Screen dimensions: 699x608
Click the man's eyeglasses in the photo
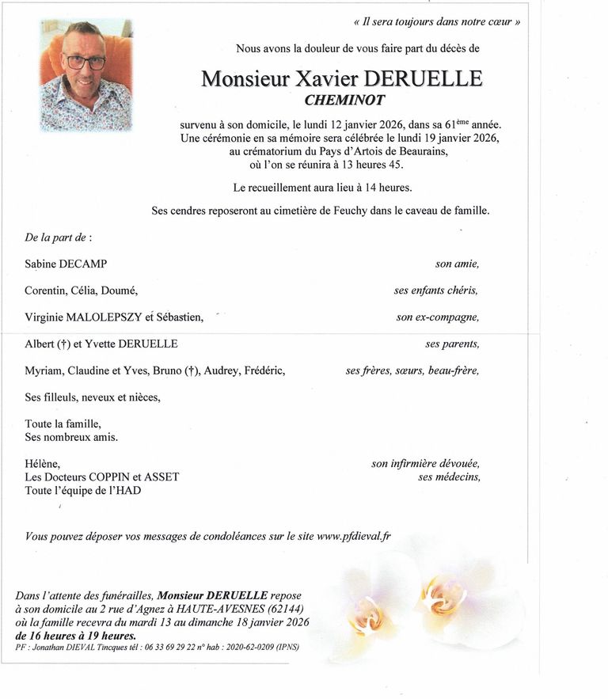pos(84,61)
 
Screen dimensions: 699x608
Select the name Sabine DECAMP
pos(66,264)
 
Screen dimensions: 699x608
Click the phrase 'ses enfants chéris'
pos(436,291)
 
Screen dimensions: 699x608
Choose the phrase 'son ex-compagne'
pos(438,317)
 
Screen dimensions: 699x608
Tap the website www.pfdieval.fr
pos(354,536)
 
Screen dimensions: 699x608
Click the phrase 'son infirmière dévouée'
pos(425,464)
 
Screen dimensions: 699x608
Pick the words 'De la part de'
pos(58,237)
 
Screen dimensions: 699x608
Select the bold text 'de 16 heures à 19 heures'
pos(75,635)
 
